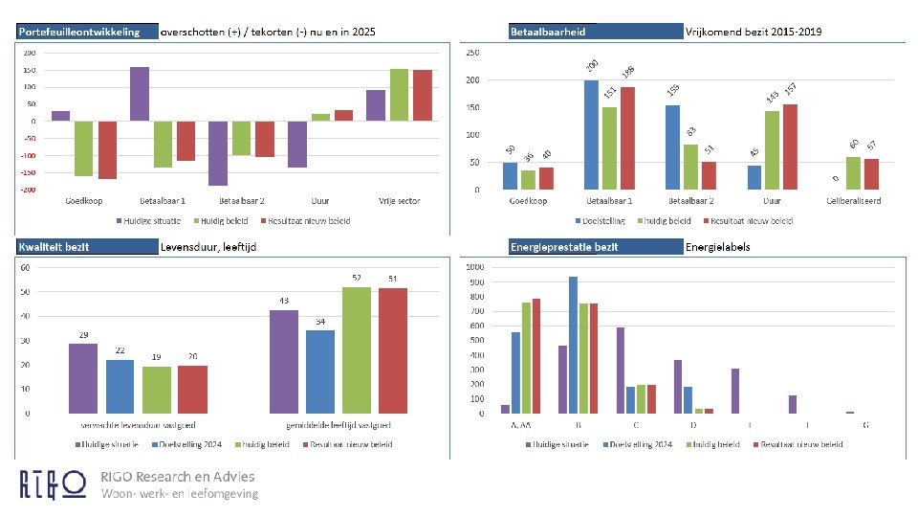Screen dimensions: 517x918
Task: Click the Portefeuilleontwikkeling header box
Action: coord(87,32)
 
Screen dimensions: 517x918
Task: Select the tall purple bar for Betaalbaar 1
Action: coord(140,94)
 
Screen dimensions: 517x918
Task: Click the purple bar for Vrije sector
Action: coord(376,105)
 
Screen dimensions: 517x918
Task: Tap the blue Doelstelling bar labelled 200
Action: coord(591,134)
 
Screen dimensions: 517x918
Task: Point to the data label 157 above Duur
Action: coord(791,89)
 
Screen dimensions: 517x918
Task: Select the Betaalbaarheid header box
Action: coord(596,32)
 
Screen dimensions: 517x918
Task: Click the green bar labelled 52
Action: coord(357,349)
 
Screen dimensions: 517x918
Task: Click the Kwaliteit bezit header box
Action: coord(87,246)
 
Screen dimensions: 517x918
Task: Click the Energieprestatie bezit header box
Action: coord(596,246)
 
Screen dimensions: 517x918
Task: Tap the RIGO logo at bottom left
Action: coord(54,484)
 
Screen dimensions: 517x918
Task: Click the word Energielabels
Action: coord(717,247)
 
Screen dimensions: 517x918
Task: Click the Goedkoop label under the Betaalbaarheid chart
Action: coord(528,201)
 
